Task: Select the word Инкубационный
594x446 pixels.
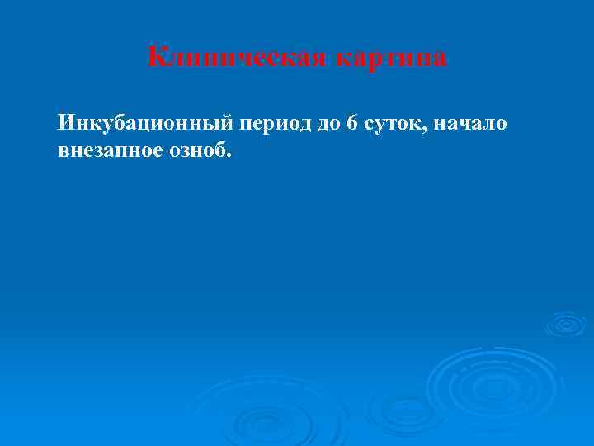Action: click(x=146, y=124)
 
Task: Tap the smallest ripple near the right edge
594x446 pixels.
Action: click(x=566, y=323)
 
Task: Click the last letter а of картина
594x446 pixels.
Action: click(x=441, y=59)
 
